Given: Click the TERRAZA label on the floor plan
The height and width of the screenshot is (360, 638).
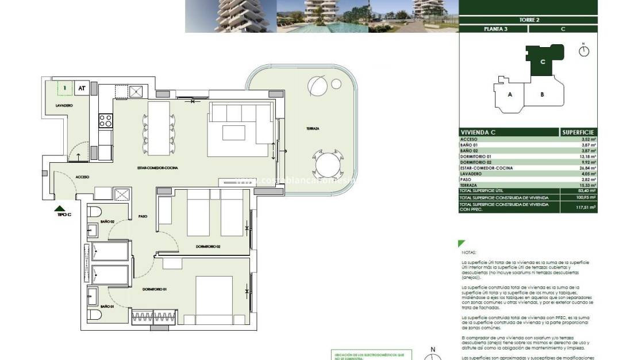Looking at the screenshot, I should [312, 129].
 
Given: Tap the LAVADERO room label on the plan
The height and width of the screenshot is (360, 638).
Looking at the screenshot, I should [64, 106].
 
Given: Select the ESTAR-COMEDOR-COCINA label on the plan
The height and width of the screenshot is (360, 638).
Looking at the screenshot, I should [162, 167].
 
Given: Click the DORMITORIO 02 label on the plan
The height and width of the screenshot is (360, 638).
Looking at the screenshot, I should [208, 247].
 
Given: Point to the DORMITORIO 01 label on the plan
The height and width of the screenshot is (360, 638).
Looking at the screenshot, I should [154, 289].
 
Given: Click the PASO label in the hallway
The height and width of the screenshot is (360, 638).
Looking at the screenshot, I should [143, 216].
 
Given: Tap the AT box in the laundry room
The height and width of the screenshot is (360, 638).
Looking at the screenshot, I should [82, 88].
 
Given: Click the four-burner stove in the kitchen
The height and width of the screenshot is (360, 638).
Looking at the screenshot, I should [106, 121].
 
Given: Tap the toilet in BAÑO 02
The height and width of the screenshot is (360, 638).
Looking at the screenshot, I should [95, 212].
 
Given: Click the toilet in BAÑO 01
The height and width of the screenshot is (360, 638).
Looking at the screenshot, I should [95, 315].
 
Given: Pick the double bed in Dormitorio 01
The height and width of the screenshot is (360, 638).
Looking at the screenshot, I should [214, 301].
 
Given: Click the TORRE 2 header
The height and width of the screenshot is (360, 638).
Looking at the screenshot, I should [528, 20].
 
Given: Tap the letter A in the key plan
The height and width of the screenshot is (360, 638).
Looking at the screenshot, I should [510, 94].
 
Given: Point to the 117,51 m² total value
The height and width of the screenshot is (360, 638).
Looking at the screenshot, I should [586, 207].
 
